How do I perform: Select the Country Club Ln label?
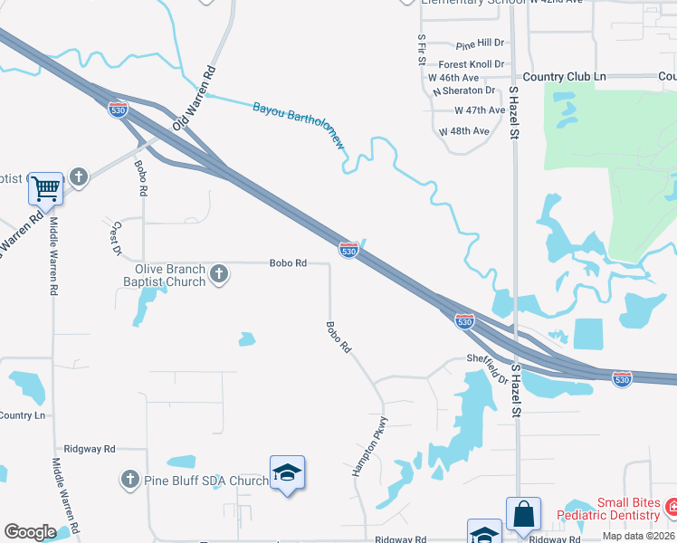(564, 78)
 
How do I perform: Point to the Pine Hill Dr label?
(480, 43)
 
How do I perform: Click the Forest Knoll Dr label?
(471, 64)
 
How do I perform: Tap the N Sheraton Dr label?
(464, 90)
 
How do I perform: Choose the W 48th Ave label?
(464, 131)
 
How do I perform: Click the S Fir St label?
(422, 50)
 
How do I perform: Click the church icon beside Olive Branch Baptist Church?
(218, 274)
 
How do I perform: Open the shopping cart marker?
(45, 190)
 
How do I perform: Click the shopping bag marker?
(523, 514)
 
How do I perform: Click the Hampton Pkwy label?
(370, 446)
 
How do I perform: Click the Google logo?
(30, 532)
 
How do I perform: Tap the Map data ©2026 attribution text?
(639, 536)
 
